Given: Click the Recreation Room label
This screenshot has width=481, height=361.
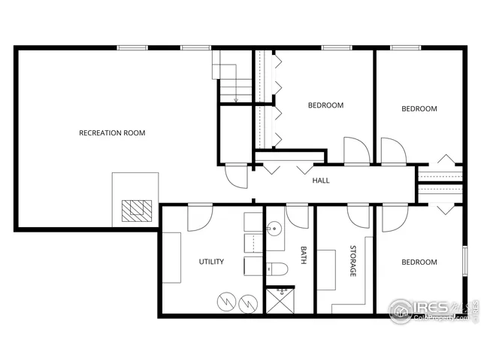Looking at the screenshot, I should (x=112, y=133).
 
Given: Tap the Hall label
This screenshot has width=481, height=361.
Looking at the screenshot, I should (x=321, y=180).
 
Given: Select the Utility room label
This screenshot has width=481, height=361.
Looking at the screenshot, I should (x=211, y=262).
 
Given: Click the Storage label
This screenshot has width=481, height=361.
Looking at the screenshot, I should (x=352, y=260).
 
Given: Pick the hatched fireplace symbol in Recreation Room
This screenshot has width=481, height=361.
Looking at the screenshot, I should (x=137, y=209).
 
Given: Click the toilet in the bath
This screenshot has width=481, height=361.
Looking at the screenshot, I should (x=274, y=268).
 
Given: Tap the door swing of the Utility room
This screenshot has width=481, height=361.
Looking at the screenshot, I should (x=200, y=217).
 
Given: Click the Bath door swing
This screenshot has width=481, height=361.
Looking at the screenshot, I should (x=298, y=216).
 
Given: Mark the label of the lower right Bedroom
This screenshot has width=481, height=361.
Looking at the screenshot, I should (x=419, y=262).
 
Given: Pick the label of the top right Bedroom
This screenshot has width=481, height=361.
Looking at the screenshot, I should (x=419, y=108).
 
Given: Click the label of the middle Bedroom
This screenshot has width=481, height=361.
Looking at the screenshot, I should (x=325, y=105).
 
